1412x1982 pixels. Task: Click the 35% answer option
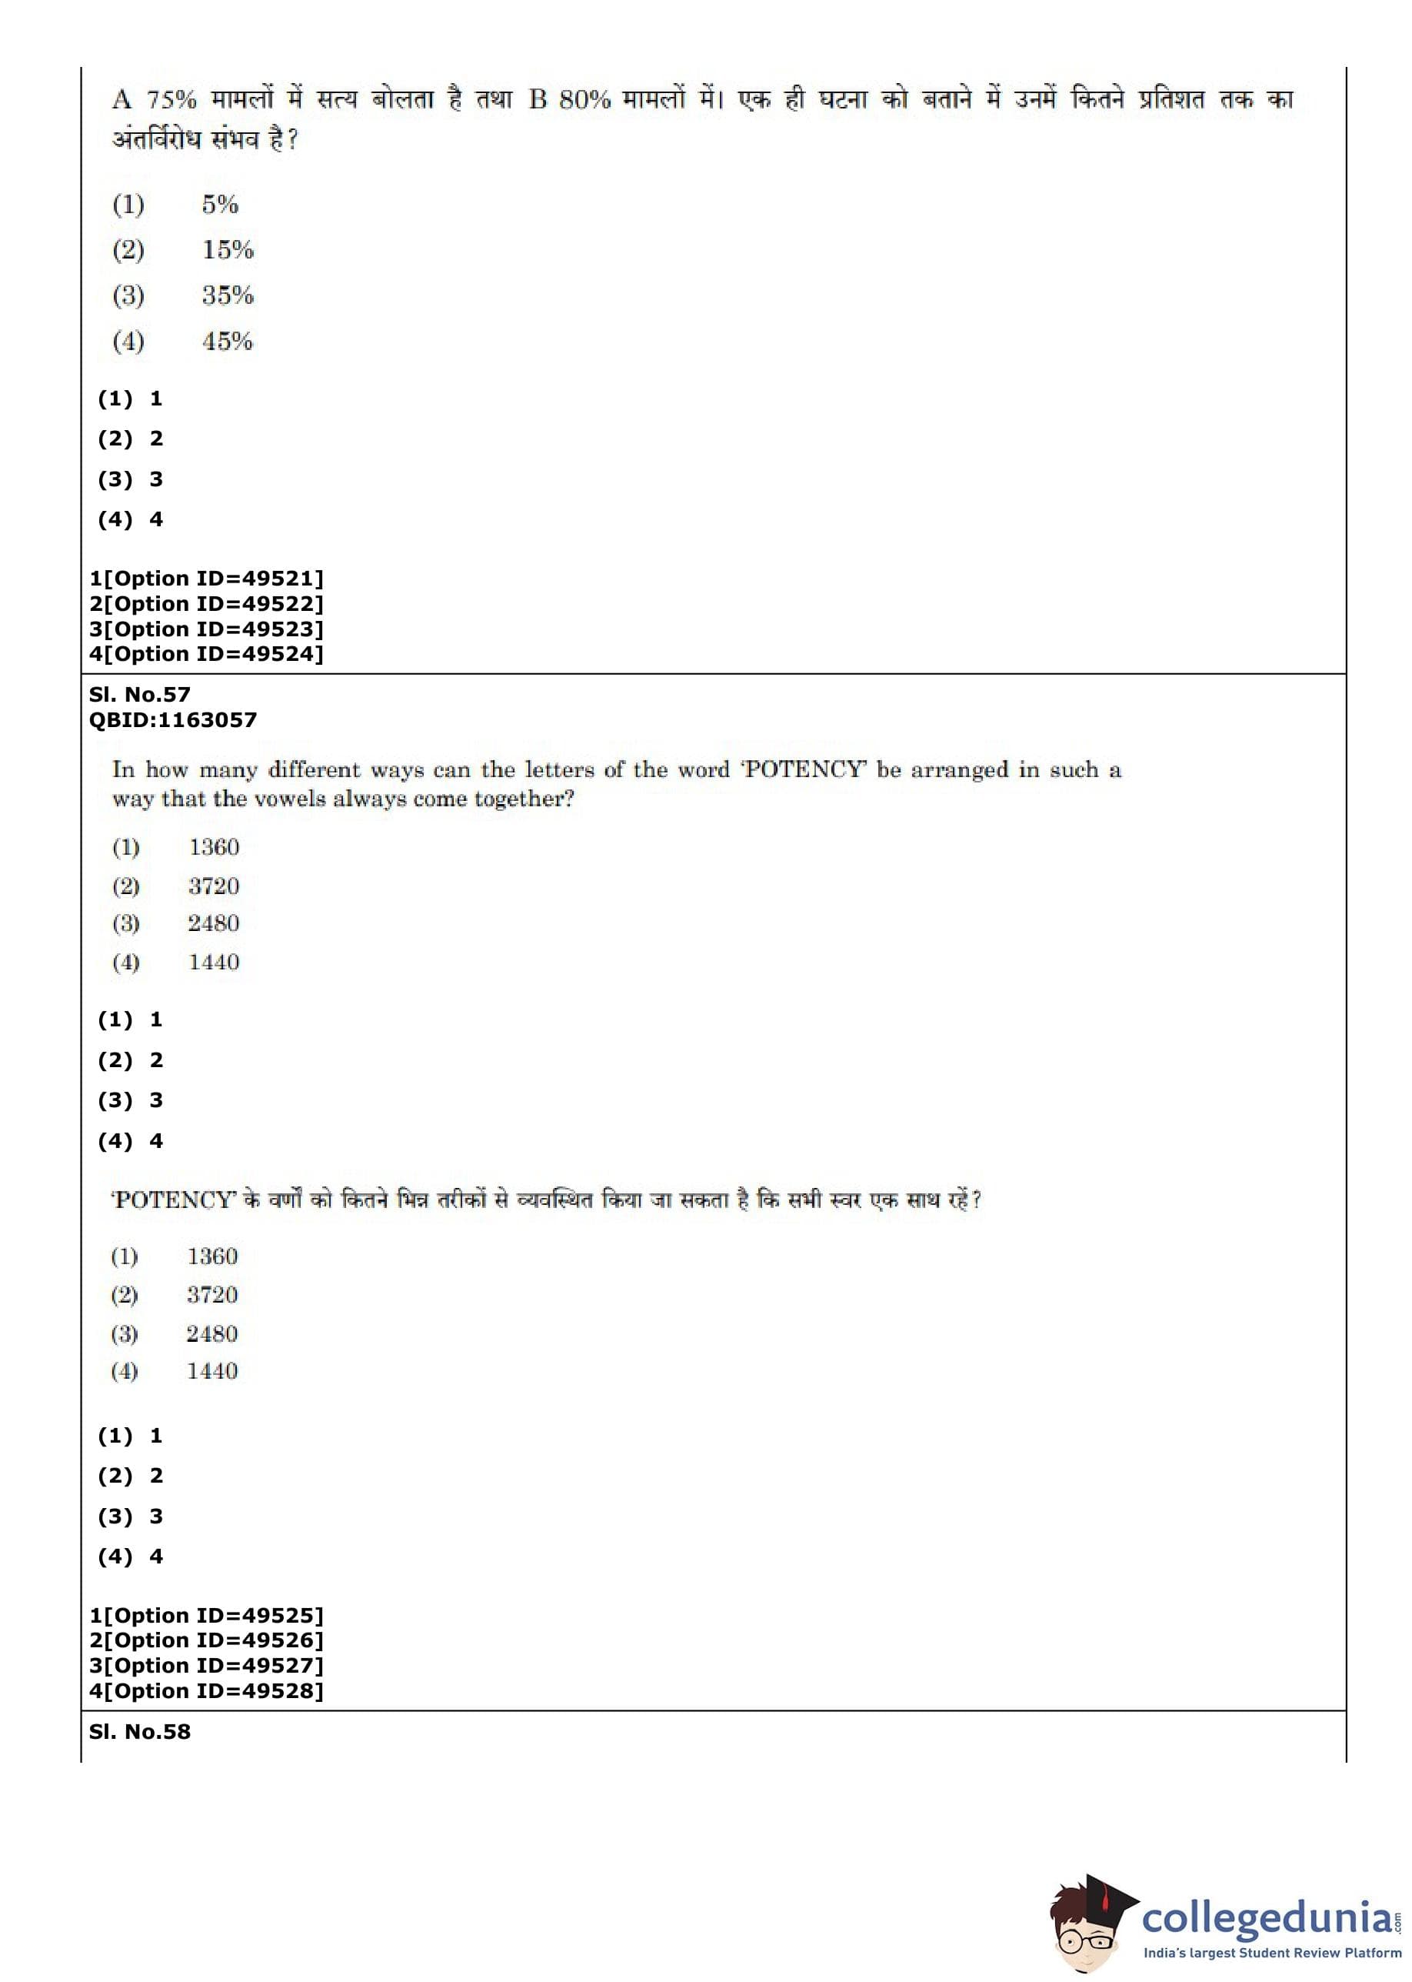coord(228,295)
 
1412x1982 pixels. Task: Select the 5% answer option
coord(220,205)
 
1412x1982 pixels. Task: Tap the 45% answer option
coord(227,341)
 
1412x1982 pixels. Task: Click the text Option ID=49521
coord(212,579)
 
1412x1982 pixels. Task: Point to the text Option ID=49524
coord(212,653)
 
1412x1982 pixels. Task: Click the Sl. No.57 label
coord(139,694)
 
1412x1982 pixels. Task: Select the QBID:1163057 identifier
coord(172,719)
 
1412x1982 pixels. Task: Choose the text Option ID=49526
coord(212,1640)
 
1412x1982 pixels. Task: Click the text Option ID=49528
coord(212,1690)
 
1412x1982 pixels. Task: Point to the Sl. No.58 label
coord(139,1731)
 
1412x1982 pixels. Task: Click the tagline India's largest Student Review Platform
coord(1271,1954)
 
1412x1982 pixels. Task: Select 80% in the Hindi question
coord(584,99)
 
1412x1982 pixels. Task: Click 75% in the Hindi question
coord(172,99)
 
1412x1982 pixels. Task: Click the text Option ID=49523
coord(212,629)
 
